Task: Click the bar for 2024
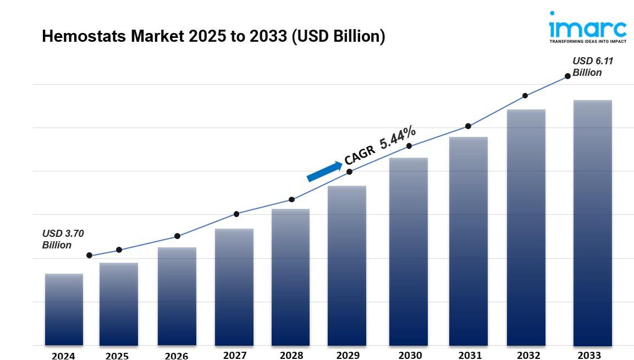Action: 64,309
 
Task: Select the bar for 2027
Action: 234,287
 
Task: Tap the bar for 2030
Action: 408,252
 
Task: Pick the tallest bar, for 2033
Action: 592,223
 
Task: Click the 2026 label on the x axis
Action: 176,356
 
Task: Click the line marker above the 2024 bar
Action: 89,256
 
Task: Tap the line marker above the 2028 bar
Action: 291,200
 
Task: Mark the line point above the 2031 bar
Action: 468,126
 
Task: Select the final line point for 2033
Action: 567,76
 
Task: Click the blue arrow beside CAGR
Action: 324,171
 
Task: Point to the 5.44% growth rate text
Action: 398,137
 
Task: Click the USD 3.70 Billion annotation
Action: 63,239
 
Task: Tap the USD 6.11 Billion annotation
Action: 592,67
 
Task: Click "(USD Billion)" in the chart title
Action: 338,36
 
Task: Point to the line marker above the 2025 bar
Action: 119,250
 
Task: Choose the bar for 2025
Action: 119,304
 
